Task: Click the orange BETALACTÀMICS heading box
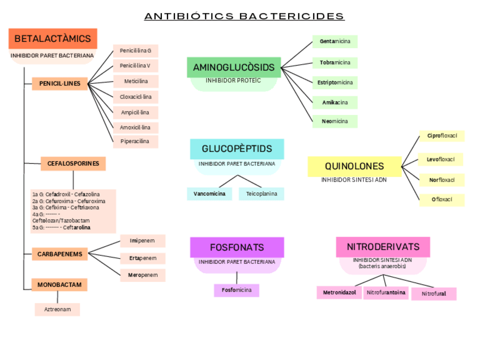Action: [53, 39]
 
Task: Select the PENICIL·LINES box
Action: [60, 84]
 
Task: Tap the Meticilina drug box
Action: [136, 82]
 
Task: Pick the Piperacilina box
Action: [136, 142]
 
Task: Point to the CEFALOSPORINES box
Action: [73, 164]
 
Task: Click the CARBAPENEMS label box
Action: [60, 254]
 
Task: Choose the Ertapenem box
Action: [143, 258]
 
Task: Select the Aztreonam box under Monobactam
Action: [57, 310]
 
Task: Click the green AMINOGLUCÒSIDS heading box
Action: [234, 68]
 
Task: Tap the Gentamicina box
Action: [335, 41]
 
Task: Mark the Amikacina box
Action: [335, 102]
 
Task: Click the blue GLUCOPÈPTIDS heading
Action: [237, 149]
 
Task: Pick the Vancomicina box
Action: [209, 194]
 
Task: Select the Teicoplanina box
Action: [262, 194]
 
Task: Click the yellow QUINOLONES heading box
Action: [354, 166]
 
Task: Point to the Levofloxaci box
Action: [442, 160]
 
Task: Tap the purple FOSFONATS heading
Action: [237, 247]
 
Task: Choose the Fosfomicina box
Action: [237, 290]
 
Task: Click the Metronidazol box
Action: [339, 293]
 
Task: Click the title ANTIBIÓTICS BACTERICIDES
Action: [244, 16]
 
